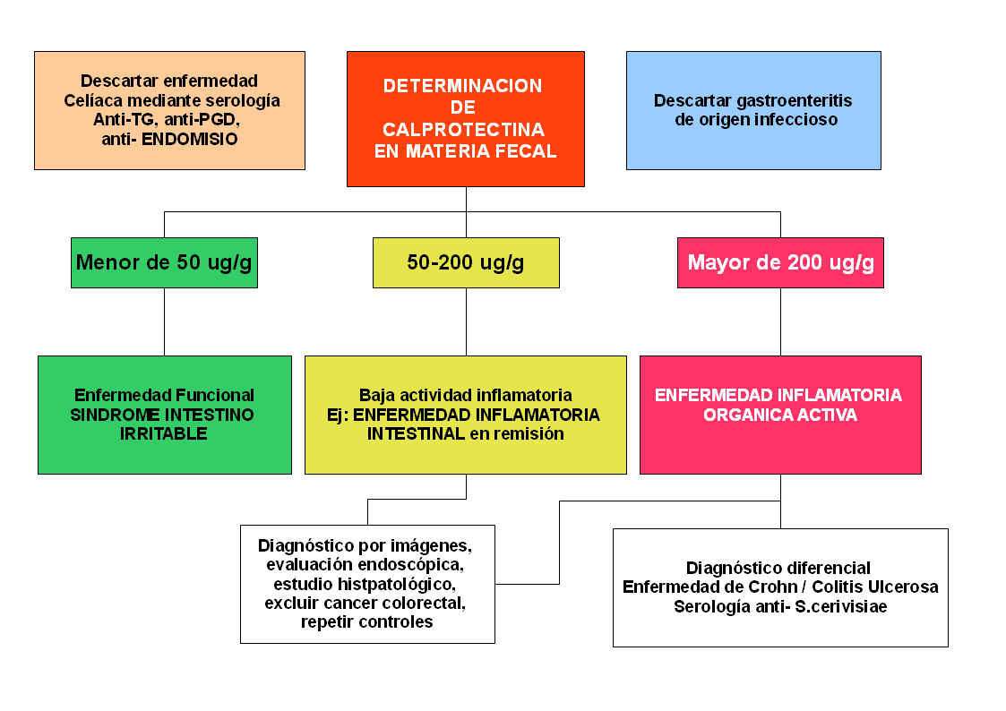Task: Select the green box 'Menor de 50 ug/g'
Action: (164, 262)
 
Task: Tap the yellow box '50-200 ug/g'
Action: (466, 262)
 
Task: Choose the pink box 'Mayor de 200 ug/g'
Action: (780, 262)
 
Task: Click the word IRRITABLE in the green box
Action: (164, 434)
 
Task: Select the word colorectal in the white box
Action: (421, 603)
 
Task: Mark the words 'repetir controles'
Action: (367, 622)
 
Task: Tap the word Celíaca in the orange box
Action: (92, 100)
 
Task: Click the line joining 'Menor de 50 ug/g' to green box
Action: (164, 321)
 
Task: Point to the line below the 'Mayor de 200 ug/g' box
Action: (780, 321)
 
